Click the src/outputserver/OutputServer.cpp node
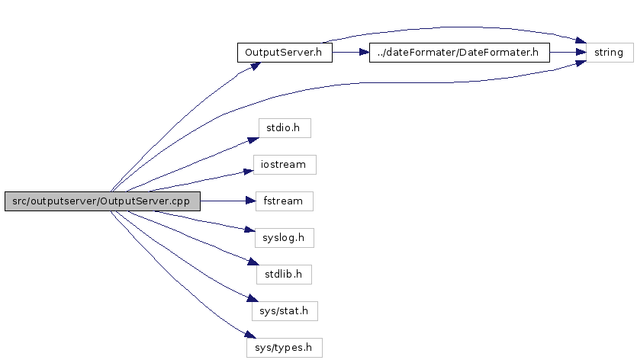[101, 201]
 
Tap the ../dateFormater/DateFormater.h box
[458, 53]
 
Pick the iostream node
[285, 164]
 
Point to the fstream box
[285, 201]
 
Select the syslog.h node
[285, 238]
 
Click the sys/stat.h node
[285, 311]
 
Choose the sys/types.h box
[285, 348]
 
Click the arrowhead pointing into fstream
[250, 201]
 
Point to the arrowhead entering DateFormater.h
[364, 53]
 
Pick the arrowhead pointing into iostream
[249, 171]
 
